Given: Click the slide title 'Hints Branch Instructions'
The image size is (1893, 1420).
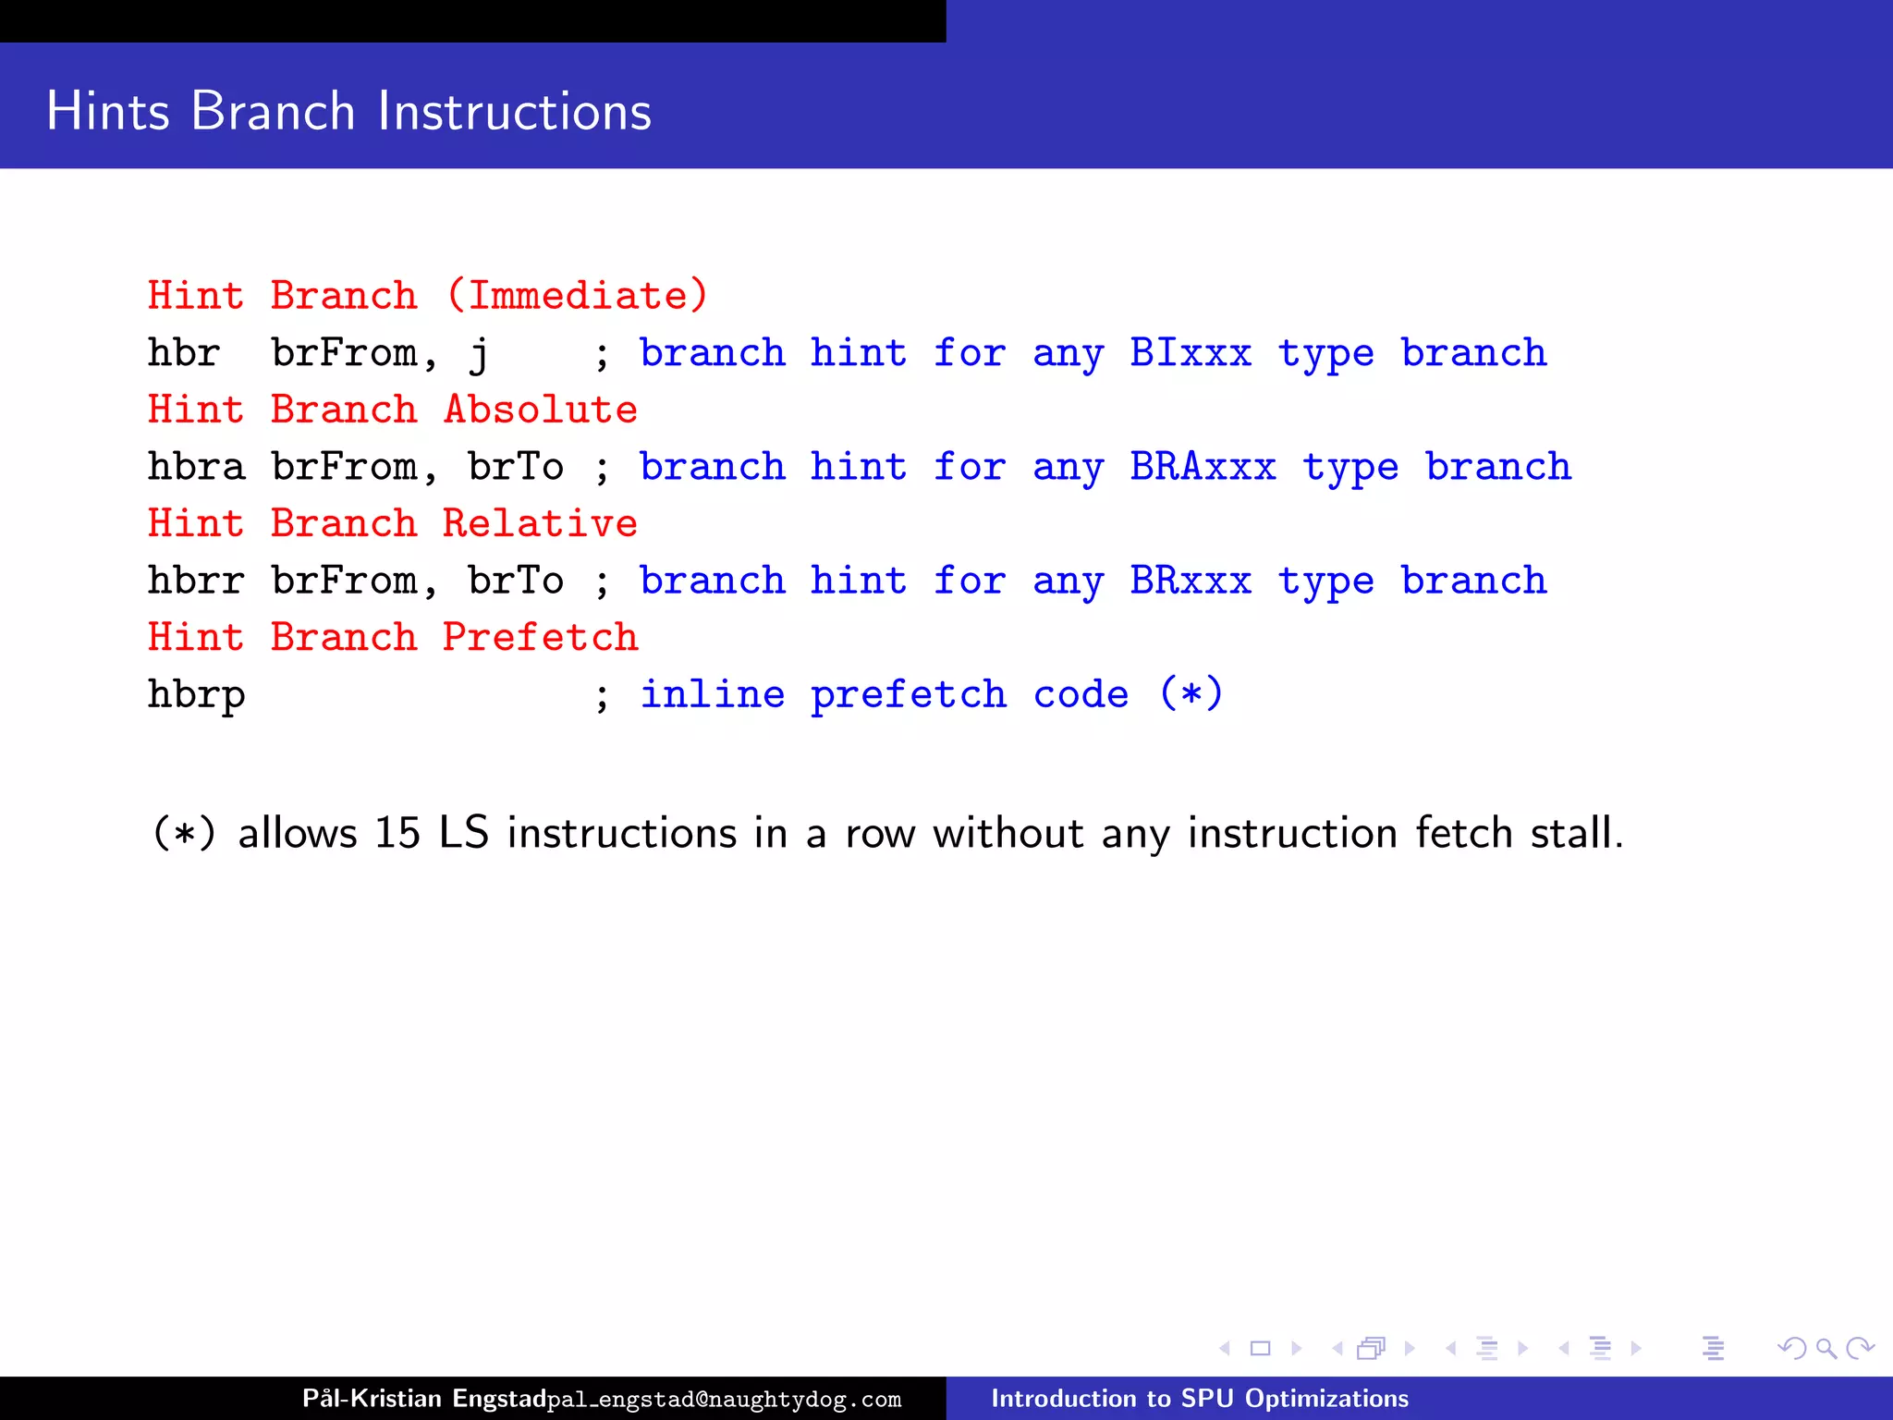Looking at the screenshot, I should (348, 111).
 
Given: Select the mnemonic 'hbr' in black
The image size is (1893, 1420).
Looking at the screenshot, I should (184, 353).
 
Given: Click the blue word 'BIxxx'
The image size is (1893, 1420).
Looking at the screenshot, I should (1190, 353).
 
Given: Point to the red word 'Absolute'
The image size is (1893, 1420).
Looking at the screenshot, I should (540, 410).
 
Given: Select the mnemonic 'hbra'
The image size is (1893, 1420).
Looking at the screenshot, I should (196, 467).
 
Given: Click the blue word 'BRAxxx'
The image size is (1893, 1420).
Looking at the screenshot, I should (1202, 467).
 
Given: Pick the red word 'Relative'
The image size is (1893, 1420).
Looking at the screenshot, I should (540, 523).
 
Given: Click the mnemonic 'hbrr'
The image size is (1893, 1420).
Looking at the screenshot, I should (196, 581).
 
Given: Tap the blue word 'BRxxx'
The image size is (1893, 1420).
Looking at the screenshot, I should (1190, 581).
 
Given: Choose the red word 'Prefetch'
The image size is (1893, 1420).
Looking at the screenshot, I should (540, 637).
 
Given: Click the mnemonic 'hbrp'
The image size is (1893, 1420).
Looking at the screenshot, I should (196, 695).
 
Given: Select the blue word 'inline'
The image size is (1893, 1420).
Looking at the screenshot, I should (712, 694).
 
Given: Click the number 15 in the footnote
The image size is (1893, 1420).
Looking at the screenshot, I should (397, 833).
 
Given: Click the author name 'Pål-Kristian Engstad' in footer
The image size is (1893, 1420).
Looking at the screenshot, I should (423, 1398).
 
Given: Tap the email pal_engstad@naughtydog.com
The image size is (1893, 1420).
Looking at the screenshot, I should (724, 1400).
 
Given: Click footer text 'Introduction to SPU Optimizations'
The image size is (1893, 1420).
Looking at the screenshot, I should (1199, 1398).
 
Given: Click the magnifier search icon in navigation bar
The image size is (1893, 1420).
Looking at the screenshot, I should (1826, 1348).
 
